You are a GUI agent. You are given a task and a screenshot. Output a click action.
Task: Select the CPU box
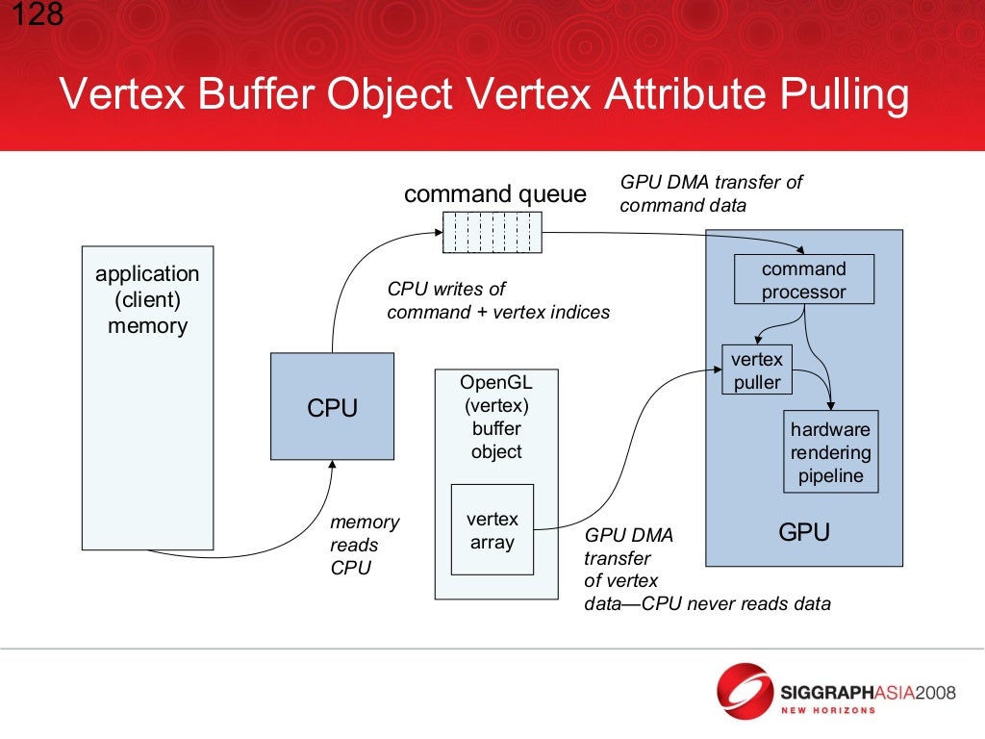tap(332, 407)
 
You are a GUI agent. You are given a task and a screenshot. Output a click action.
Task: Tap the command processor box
tap(804, 280)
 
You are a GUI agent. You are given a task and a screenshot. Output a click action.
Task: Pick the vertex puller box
tap(757, 370)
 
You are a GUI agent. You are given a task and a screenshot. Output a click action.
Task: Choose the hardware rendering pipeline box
tap(830, 452)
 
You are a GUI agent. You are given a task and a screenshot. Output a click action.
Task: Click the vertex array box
tap(492, 530)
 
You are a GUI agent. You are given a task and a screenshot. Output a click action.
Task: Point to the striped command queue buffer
tap(492, 232)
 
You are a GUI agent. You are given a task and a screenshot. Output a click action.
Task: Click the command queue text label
tap(494, 194)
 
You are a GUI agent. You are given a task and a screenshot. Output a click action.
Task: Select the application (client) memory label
tap(147, 299)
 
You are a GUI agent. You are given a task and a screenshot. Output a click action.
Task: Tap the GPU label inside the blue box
tap(803, 532)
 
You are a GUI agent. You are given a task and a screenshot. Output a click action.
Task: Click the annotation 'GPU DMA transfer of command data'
tap(710, 193)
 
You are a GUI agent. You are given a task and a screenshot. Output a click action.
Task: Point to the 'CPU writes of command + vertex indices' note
tap(497, 300)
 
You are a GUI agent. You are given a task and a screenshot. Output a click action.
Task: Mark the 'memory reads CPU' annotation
tap(364, 545)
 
